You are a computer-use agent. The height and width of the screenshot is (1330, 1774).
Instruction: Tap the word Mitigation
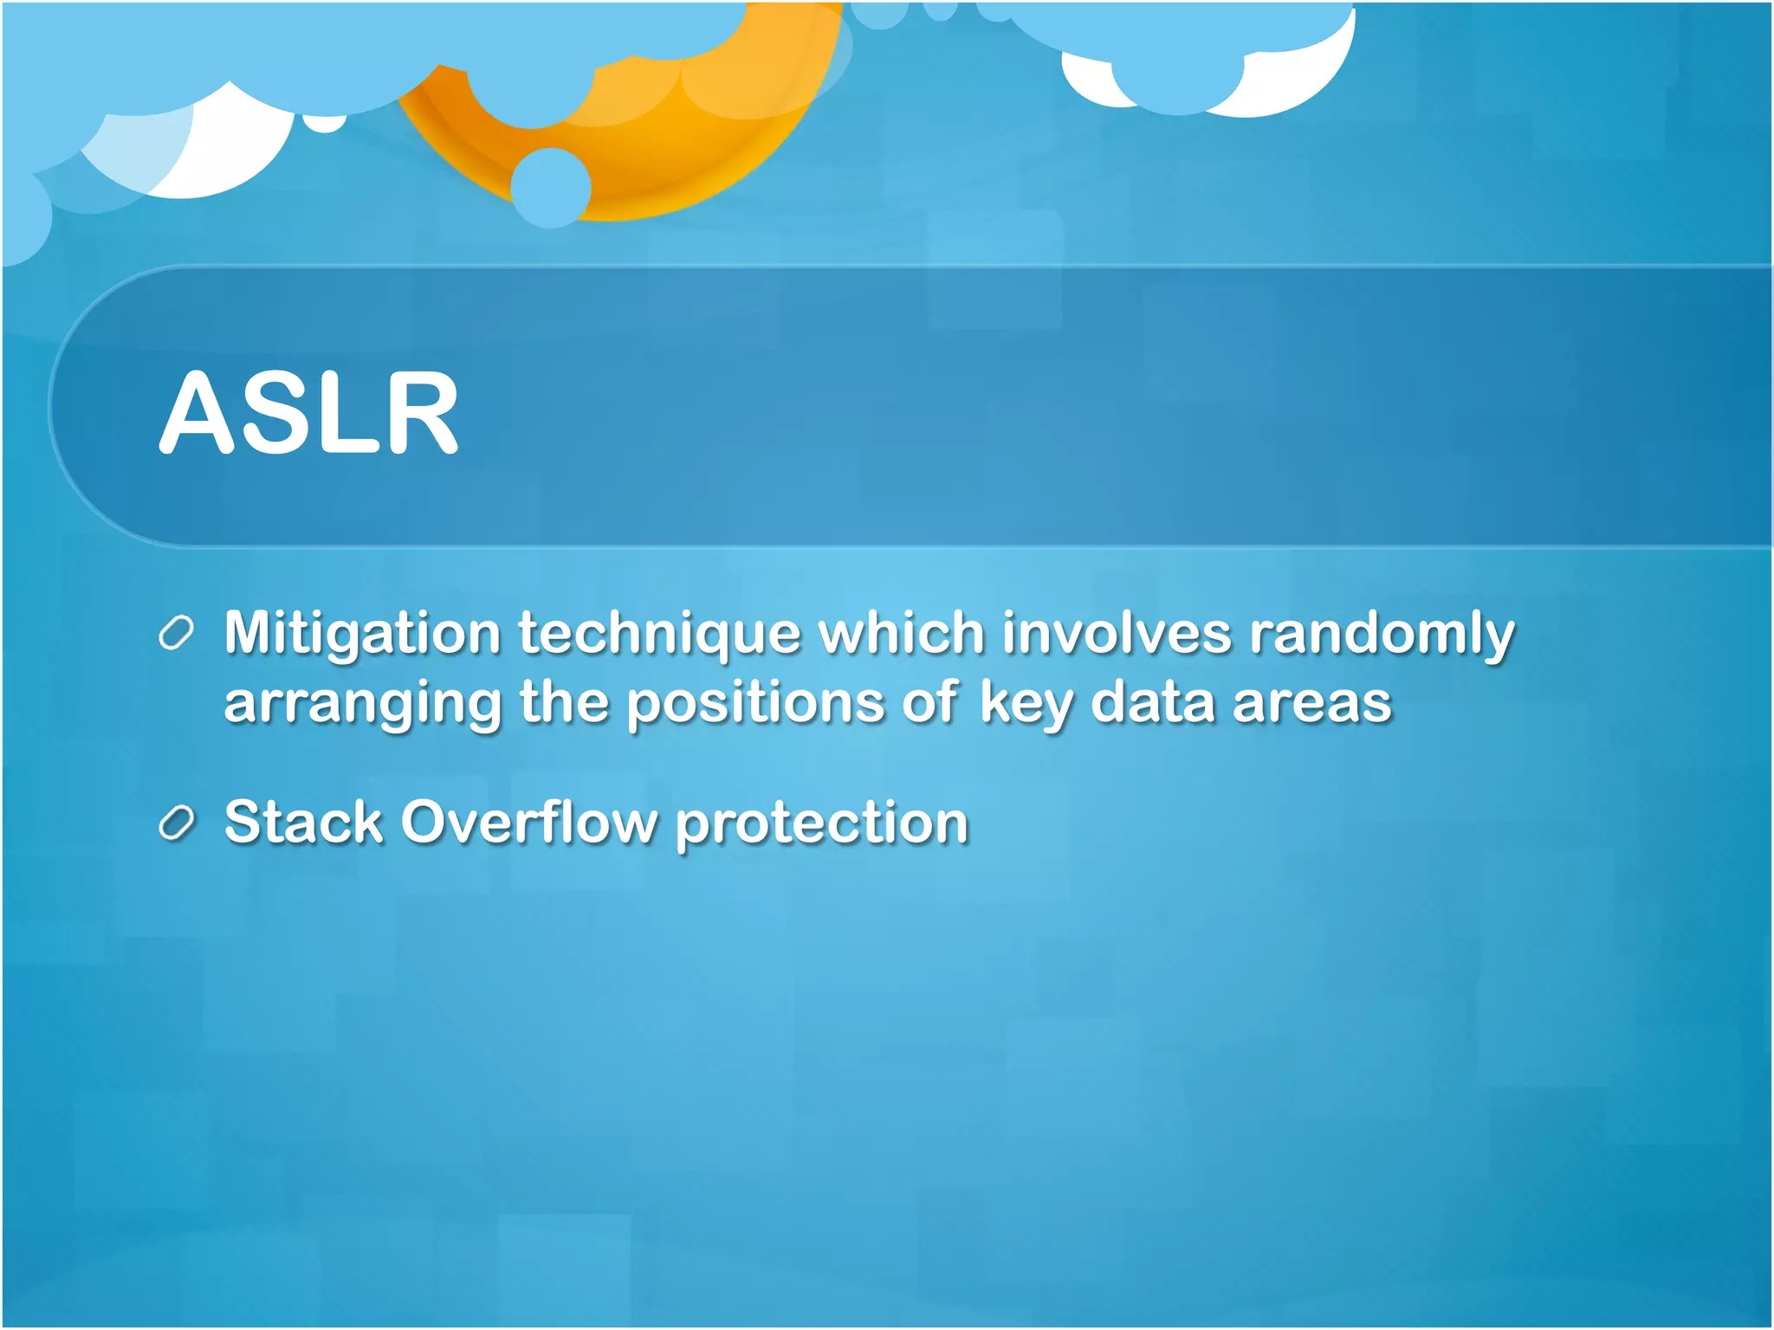coord(362,633)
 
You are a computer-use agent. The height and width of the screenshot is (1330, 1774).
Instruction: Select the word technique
coord(659,635)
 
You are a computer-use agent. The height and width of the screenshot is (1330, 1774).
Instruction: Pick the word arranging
coord(362,703)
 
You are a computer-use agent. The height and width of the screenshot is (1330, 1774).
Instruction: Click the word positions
coord(754,703)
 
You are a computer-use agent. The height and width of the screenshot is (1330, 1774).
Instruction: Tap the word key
coord(1026,703)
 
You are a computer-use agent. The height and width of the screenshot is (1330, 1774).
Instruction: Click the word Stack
coord(303,822)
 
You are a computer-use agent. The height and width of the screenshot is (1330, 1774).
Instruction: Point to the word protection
coord(821,823)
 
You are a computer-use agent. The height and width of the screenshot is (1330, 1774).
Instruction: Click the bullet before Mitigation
coord(177,634)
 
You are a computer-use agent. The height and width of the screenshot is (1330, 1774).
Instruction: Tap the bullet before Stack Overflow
coord(177,823)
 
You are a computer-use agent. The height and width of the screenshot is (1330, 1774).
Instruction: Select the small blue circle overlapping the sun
coord(551,188)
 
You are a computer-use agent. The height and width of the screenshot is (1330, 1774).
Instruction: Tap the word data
coord(1152,703)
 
